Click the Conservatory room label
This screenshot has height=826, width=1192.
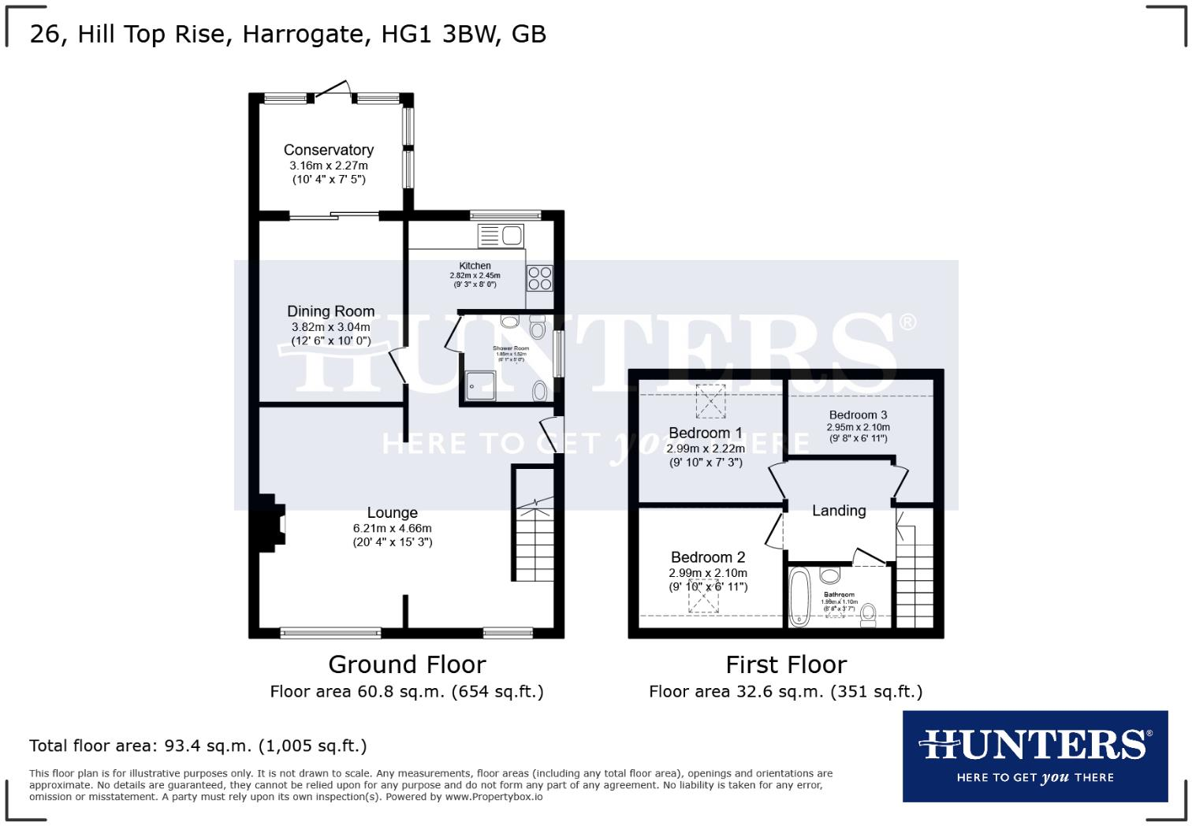coord(328,150)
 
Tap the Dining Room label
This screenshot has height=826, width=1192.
coord(330,311)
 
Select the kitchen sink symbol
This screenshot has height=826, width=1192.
coord(500,235)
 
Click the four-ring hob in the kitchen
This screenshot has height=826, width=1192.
coord(540,277)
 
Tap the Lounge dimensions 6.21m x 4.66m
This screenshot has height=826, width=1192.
coord(392,528)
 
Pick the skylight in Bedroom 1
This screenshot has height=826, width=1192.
coord(710,400)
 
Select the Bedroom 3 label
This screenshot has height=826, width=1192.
coord(858,415)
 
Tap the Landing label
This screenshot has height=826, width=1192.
coord(839,511)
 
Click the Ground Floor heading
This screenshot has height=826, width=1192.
coord(407,664)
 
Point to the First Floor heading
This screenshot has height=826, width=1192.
coord(786,664)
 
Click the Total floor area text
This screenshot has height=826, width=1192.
coord(198,746)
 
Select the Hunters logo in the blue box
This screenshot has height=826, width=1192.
coord(1034,755)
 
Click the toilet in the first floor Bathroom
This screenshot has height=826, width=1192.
coord(869,614)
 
